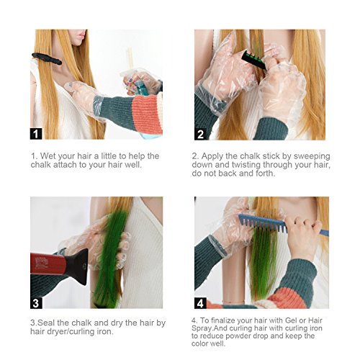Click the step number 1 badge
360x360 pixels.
coord(36,134)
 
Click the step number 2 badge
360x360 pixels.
coord(200,134)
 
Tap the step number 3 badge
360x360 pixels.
coord(36,302)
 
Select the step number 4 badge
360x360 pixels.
coord(200,303)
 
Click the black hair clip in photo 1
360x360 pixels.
coord(47,58)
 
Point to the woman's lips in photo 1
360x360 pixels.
coord(81,35)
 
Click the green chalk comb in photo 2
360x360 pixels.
coord(254,60)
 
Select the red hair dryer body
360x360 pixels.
coord(48,264)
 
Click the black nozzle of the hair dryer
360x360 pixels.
coord(76,266)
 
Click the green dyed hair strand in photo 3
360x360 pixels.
coord(109,259)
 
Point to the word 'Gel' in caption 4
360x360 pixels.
coord(291,320)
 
